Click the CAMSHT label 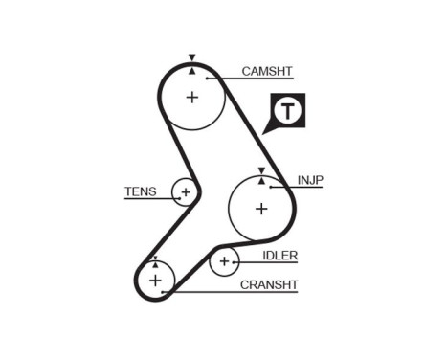coord(267,71)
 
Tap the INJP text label coord(310,179)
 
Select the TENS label coord(140,191)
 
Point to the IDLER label coord(280,255)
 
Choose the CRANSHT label coord(269,284)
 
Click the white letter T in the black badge coord(288,112)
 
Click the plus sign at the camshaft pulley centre coord(191,97)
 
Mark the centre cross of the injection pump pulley coord(261,208)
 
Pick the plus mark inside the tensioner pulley coord(186,192)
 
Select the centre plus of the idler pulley coord(225,260)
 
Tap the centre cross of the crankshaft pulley coord(154,280)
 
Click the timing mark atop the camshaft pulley coord(191,59)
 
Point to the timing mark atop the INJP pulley coord(261,170)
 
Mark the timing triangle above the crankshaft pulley coord(154,258)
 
